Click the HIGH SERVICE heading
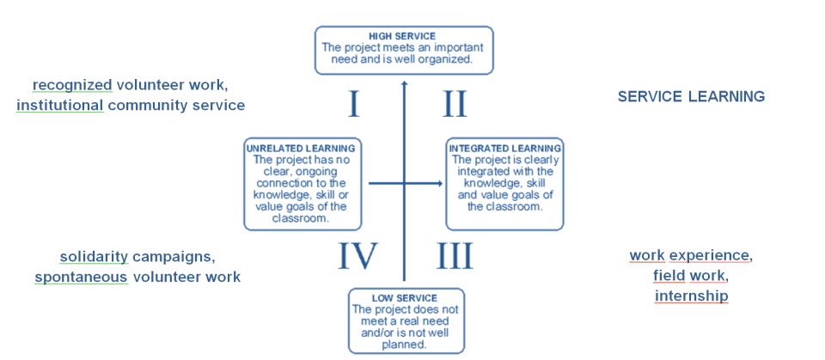(x=403, y=35)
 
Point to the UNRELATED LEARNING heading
(x=300, y=148)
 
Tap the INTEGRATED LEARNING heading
(x=504, y=148)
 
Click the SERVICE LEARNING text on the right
(x=691, y=97)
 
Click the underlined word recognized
(x=72, y=85)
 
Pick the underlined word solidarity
(x=94, y=257)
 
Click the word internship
(x=691, y=296)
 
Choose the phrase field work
(x=690, y=276)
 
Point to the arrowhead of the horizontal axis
(x=439, y=183)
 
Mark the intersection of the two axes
(x=404, y=183)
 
